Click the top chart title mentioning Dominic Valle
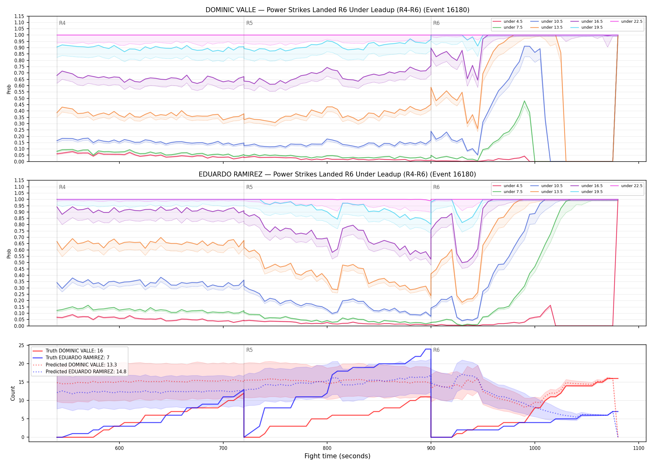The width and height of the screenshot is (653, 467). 337,10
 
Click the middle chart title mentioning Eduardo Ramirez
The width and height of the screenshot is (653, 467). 337,174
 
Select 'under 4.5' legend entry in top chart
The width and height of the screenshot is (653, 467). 508,21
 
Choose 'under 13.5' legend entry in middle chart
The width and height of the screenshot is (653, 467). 546,192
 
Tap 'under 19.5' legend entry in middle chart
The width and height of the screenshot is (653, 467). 586,192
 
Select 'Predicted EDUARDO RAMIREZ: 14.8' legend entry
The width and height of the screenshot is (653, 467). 80,372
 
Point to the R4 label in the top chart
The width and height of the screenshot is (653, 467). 62,23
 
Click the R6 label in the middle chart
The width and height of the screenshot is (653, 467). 436,187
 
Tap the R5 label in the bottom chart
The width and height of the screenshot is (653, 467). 249,350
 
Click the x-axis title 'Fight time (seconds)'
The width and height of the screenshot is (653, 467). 337,456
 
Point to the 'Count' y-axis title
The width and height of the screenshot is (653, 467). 13,393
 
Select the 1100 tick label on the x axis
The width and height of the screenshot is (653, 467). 639,448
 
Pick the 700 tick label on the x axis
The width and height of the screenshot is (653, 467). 223,448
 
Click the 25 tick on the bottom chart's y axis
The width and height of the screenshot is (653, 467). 21,345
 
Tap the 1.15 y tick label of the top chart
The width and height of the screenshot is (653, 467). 19,16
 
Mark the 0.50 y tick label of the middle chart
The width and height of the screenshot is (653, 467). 19,262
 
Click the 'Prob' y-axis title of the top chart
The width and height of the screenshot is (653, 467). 9,89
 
